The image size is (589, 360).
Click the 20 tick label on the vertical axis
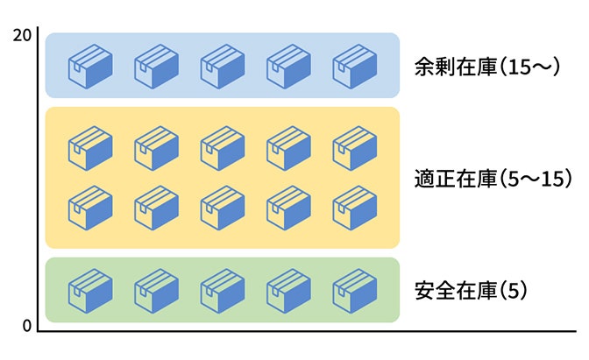click(x=23, y=35)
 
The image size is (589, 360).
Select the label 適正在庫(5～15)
click(x=493, y=179)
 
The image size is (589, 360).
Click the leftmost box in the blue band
click(x=90, y=66)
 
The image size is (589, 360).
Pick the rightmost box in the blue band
click(x=355, y=66)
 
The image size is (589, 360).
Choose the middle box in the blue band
click(x=223, y=66)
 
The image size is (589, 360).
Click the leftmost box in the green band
click(x=90, y=290)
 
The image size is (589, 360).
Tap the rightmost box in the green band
click(x=355, y=290)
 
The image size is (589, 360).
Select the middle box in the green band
click(x=223, y=290)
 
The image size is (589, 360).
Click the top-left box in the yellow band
click(x=90, y=147)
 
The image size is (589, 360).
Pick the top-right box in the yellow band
click(x=355, y=147)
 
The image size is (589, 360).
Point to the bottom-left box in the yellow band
click(x=90, y=207)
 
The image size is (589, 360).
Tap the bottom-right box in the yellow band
click(x=355, y=207)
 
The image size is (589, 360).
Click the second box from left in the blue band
click(x=156, y=66)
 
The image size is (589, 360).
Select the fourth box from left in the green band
click(x=288, y=290)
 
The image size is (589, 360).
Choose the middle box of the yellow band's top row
click(x=223, y=147)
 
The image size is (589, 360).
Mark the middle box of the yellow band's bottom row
click(x=223, y=207)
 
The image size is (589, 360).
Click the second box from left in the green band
click(x=156, y=290)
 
